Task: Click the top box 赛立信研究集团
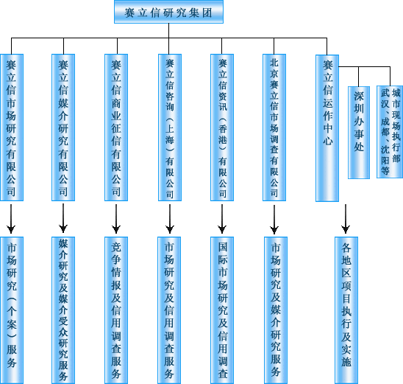(168, 12)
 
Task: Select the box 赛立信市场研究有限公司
(12, 128)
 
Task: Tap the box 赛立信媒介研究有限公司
(63, 128)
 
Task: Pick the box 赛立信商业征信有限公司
(116, 128)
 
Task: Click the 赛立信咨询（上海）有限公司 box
(170, 128)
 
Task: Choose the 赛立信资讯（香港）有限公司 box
(222, 128)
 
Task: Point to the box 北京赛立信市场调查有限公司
(274, 128)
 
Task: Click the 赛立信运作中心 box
(327, 128)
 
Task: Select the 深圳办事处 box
(359, 133)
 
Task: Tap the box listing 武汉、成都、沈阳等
(390, 132)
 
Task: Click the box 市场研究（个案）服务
(12, 310)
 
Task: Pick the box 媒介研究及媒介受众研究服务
(63, 310)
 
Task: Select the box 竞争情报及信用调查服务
(116, 310)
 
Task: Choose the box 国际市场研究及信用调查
(222, 310)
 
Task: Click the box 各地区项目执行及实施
(346, 310)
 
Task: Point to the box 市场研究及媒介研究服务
(276, 310)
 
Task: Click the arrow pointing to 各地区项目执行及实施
(346, 219)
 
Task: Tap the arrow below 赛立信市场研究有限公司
(11, 219)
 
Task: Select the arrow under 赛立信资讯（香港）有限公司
(222, 219)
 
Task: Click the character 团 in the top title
(207, 13)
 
